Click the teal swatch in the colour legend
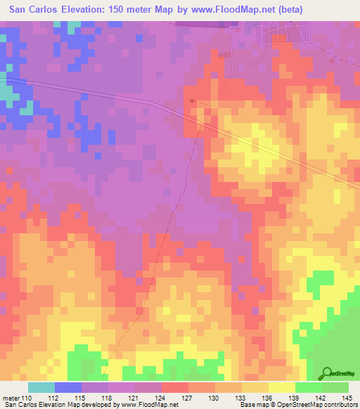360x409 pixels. click(41, 387)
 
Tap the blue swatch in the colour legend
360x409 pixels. click(68, 387)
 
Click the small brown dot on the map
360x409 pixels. click(192, 101)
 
